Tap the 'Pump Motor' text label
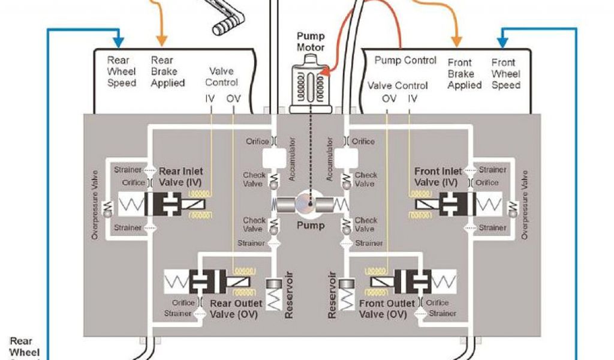(x=311, y=41)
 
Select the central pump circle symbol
(x=309, y=205)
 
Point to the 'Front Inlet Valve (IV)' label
(x=438, y=177)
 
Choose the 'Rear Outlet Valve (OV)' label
(x=236, y=308)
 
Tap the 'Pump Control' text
(x=405, y=61)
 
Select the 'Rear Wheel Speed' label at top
(x=122, y=71)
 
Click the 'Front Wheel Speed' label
(x=505, y=74)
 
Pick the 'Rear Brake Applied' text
(x=167, y=71)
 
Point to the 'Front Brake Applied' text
(x=464, y=74)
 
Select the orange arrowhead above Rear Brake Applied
(x=161, y=42)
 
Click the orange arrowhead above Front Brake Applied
(x=456, y=42)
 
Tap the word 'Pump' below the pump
(x=311, y=226)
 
